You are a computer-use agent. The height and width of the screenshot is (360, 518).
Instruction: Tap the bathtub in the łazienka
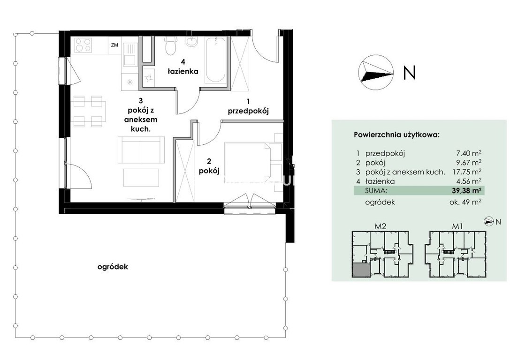pyautogui.click(x=215, y=60)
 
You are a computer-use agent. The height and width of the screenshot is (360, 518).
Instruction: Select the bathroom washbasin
pyautogui.click(x=192, y=41)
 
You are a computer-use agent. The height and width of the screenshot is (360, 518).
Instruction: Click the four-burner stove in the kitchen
pyautogui.click(x=83, y=45)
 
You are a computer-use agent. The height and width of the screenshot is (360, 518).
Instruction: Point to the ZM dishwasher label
pyautogui.click(x=114, y=45)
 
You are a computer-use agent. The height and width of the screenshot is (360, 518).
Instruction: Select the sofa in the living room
pyautogui.click(x=141, y=150)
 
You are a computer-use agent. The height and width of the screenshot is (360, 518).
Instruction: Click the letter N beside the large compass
pyautogui.click(x=409, y=73)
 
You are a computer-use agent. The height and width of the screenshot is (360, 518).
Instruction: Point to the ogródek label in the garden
pyautogui.click(x=113, y=267)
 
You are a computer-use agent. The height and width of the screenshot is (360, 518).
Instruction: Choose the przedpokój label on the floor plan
pyautogui.click(x=248, y=111)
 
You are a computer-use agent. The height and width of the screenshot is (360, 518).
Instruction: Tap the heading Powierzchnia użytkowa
pyautogui.click(x=397, y=135)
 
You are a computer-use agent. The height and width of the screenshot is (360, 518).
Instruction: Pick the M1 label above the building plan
pyautogui.click(x=457, y=227)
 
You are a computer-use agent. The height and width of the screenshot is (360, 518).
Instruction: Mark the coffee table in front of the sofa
pyautogui.click(x=141, y=177)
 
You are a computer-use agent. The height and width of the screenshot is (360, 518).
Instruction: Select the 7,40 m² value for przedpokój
pyautogui.click(x=468, y=153)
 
